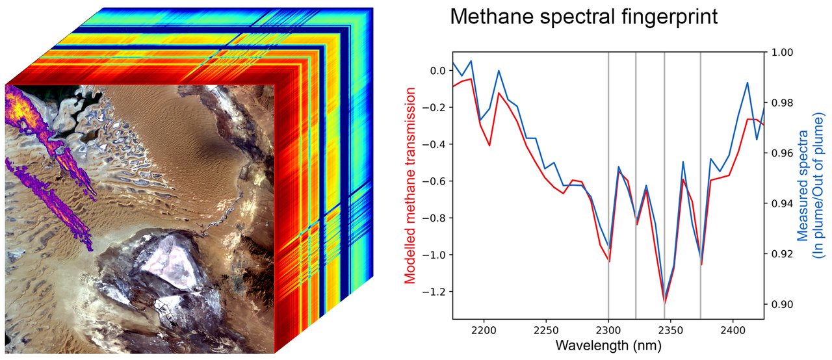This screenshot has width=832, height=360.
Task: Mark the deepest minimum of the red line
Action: pos(664,303)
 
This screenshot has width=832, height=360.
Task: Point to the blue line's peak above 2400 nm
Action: pos(747,83)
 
